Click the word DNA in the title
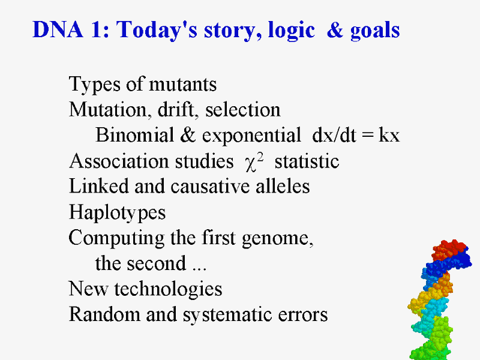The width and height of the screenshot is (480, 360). pyautogui.click(x=58, y=29)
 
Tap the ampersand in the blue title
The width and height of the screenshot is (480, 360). pyautogui.click(x=335, y=29)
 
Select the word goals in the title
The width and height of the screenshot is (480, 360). pyautogui.click(x=375, y=31)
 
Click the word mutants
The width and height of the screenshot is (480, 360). pyautogui.click(x=183, y=85)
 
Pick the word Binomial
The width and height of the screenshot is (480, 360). pyautogui.click(x=134, y=134)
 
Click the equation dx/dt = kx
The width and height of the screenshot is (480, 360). pyautogui.click(x=356, y=134)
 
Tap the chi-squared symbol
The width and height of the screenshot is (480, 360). pyautogui.click(x=254, y=161)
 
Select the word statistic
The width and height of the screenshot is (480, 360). pyautogui.click(x=307, y=161)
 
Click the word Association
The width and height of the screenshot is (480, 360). pyautogui.click(x=119, y=161)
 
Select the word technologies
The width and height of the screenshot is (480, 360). pyautogui.click(x=168, y=289)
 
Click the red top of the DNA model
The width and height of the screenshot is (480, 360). pyautogui.click(x=449, y=249)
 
